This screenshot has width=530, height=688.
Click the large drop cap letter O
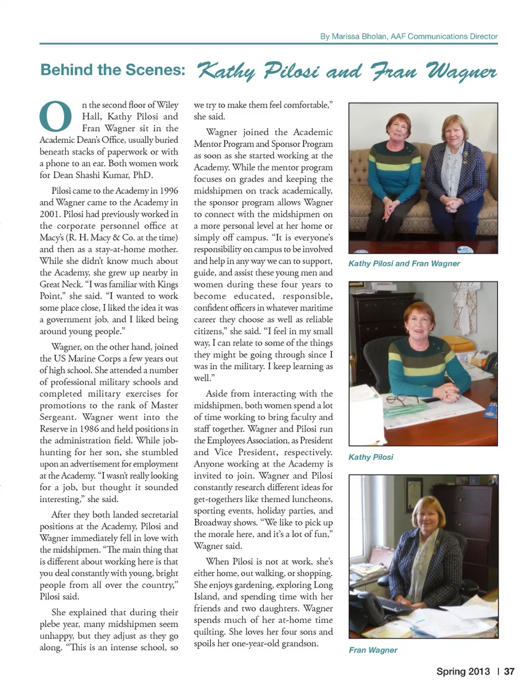(56, 118)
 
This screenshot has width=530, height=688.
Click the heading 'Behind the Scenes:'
(113, 70)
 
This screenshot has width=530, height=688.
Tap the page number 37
(509, 671)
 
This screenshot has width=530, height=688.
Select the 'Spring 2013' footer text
(463, 671)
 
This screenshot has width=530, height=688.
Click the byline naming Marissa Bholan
(409, 36)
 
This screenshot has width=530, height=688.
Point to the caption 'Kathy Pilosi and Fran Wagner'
(404, 264)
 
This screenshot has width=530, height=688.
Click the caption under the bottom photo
(373, 650)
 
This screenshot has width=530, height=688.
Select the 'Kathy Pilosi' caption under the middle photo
(370, 457)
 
